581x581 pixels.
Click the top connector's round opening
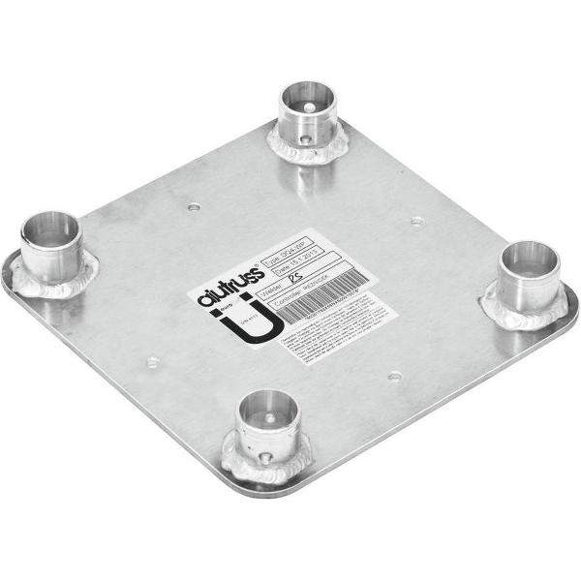pyautogui.click(x=309, y=99)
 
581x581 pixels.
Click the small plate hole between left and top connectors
pyautogui.click(x=195, y=206)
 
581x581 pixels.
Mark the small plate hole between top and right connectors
pyautogui.click(x=417, y=221)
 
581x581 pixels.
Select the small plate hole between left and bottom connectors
pyautogui.click(x=152, y=362)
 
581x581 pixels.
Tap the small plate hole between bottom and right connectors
pyautogui.click(x=394, y=377)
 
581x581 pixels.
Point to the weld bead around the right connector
pyautogui.click(x=523, y=314)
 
